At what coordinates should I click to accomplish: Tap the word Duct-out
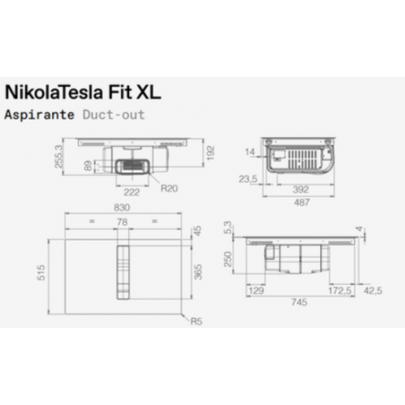tap(113, 114)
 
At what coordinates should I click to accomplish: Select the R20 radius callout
tap(169, 188)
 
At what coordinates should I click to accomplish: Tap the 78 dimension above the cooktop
tap(122, 221)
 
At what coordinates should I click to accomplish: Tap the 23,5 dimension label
tap(249, 179)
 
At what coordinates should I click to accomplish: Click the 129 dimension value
tap(256, 290)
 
